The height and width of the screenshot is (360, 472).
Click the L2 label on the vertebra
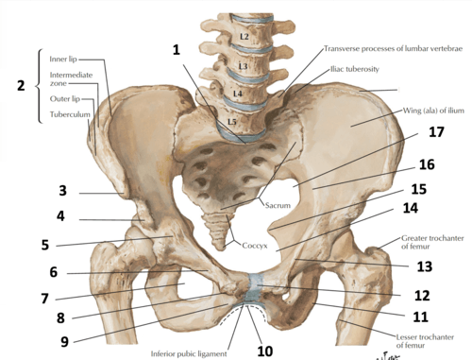[244, 37]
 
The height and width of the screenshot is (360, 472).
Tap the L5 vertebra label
[232, 122]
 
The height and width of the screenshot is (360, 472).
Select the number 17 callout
[436, 131]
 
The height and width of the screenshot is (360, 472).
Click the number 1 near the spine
[177, 50]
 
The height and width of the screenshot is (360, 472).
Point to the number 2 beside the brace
[21, 86]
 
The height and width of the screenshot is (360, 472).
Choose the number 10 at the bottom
[265, 351]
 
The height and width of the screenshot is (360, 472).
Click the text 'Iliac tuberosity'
[355, 69]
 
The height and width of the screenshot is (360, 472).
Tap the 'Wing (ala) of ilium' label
[433, 111]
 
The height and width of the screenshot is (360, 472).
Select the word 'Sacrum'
[278, 205]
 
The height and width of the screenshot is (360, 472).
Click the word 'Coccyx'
[255, 246]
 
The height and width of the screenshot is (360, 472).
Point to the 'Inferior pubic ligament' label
[189, 353]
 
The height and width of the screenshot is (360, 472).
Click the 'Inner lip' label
[63, 60]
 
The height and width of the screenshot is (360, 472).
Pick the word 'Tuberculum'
[70, 114]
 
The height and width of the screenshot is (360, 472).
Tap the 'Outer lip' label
[65, 99]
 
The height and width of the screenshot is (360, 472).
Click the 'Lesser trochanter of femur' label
[425, 341]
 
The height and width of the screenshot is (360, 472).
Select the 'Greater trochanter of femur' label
[432, 242]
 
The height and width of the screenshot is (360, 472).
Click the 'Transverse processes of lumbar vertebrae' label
[393, 48]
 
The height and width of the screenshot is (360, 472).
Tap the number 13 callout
[425, 266]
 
